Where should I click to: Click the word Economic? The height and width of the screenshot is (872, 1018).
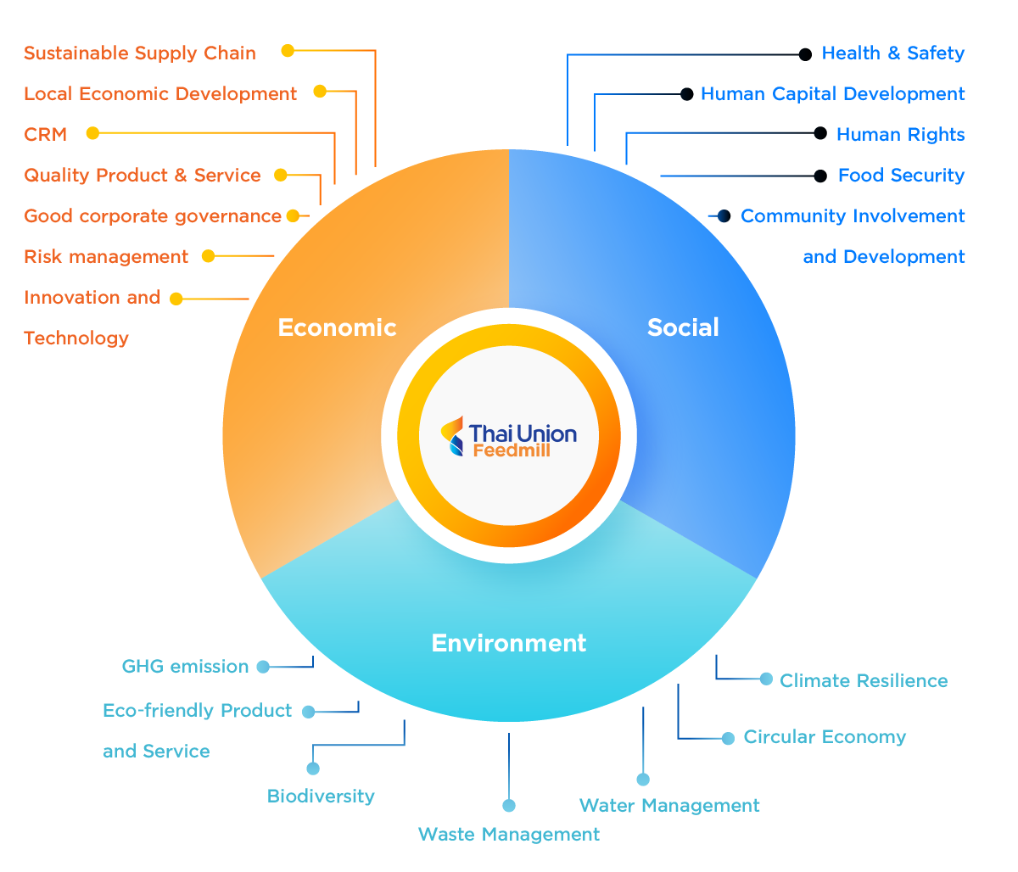(337, 327)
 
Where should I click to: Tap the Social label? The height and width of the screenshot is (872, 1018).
(683, 327)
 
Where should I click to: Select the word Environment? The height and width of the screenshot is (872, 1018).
(508, 643)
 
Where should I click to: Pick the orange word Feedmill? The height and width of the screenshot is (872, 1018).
(511, 451)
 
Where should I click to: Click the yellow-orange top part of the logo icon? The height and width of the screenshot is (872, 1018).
(453, 427)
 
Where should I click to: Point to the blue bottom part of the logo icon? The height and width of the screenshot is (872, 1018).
(456, 447)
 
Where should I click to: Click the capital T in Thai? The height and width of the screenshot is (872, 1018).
(476, 434)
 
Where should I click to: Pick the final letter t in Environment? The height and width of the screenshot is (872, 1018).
(582, 643)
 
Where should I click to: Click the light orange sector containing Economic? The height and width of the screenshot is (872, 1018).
(356, 254)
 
